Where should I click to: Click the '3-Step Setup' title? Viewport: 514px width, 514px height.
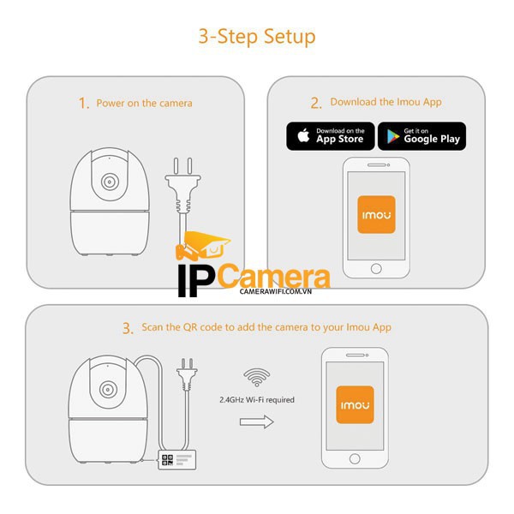point(257,37)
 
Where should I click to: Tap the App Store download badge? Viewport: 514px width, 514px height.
point(330,135)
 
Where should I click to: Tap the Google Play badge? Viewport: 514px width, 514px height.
point(421,135)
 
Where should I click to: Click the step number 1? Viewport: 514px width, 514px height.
point(83,104)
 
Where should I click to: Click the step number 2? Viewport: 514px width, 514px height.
point(316,103)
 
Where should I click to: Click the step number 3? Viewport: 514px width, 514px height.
point(127,328)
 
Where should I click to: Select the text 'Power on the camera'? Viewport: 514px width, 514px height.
point(144,104)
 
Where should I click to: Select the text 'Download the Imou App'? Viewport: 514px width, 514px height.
point(385,103)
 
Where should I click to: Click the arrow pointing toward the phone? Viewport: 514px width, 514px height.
point(256,421)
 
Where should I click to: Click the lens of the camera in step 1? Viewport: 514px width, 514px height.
point(109,182)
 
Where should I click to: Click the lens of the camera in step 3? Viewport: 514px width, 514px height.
point(109,391)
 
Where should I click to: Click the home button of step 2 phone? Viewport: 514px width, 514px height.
point(376,268)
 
